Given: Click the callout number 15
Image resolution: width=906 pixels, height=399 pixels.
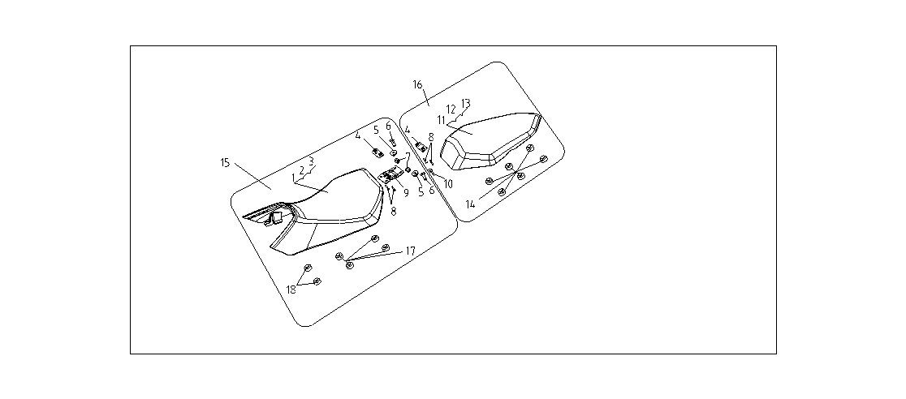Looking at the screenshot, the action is [x=225, y=163].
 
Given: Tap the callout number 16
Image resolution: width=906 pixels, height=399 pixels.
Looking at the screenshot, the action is [x=418, y=85].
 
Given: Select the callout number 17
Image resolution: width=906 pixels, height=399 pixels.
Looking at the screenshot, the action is [x=410, y=251].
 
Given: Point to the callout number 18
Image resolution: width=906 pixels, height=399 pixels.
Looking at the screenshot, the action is [x=291, y=290].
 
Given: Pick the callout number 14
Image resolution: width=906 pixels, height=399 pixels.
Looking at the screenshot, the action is [x=470, y=204].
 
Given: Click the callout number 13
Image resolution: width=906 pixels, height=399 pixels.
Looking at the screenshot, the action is [x=466, y=103].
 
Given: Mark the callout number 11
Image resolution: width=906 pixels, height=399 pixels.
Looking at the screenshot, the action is [x=442, y=120].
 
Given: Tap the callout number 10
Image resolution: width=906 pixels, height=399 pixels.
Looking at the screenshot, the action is [x=448, y=184].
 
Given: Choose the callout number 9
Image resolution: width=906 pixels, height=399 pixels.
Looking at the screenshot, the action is [x=406, y=193].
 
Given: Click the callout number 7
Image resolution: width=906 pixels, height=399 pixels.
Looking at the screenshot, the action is [x=408, y=156].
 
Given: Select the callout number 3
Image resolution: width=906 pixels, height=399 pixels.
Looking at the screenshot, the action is [x=311, y=161].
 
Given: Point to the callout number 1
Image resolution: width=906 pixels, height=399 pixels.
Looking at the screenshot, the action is [x=294, y=177].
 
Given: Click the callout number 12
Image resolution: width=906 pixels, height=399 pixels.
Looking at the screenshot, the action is [x=451, y=109].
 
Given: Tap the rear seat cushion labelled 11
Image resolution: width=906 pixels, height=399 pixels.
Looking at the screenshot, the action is [x=490, y=141].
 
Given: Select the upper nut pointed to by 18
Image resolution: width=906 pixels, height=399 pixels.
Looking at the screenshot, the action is [x=308, y=268].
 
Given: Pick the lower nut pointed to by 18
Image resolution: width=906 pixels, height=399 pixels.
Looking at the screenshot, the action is [x=317, y=281].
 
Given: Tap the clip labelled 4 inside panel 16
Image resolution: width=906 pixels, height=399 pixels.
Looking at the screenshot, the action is [x=421, y=148].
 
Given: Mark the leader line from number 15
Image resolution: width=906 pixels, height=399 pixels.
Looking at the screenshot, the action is [x=253, y=176].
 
